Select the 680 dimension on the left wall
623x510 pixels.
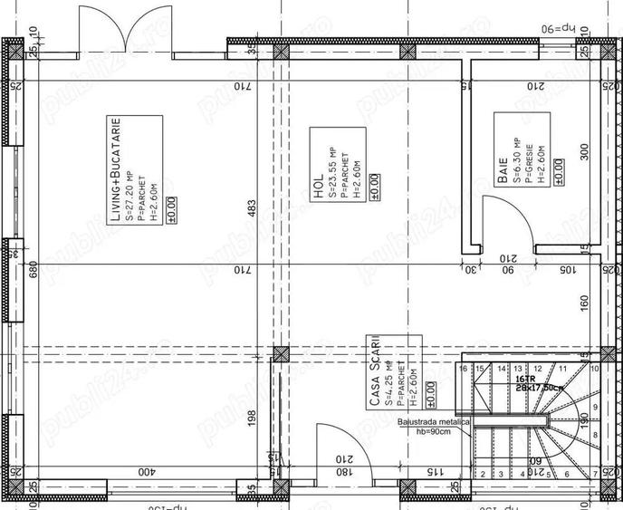33,270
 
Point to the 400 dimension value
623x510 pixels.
145,472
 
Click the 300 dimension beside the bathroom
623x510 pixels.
584,151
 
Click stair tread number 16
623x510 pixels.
464,369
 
